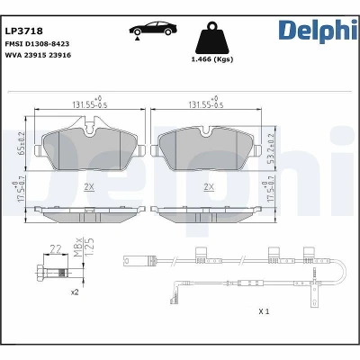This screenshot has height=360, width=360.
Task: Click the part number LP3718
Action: pos(24,31)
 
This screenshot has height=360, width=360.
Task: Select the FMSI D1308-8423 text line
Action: pos(37,44)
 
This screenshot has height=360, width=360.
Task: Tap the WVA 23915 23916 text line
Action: pos(38,55)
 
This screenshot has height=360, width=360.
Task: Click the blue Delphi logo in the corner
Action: pos(318,31)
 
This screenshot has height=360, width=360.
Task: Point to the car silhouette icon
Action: pos(153,31)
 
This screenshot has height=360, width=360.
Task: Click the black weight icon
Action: pos(212,38)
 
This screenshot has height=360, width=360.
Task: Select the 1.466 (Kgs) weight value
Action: pos(212,59)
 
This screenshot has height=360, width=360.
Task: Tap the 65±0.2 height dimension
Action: pos(22,143)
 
